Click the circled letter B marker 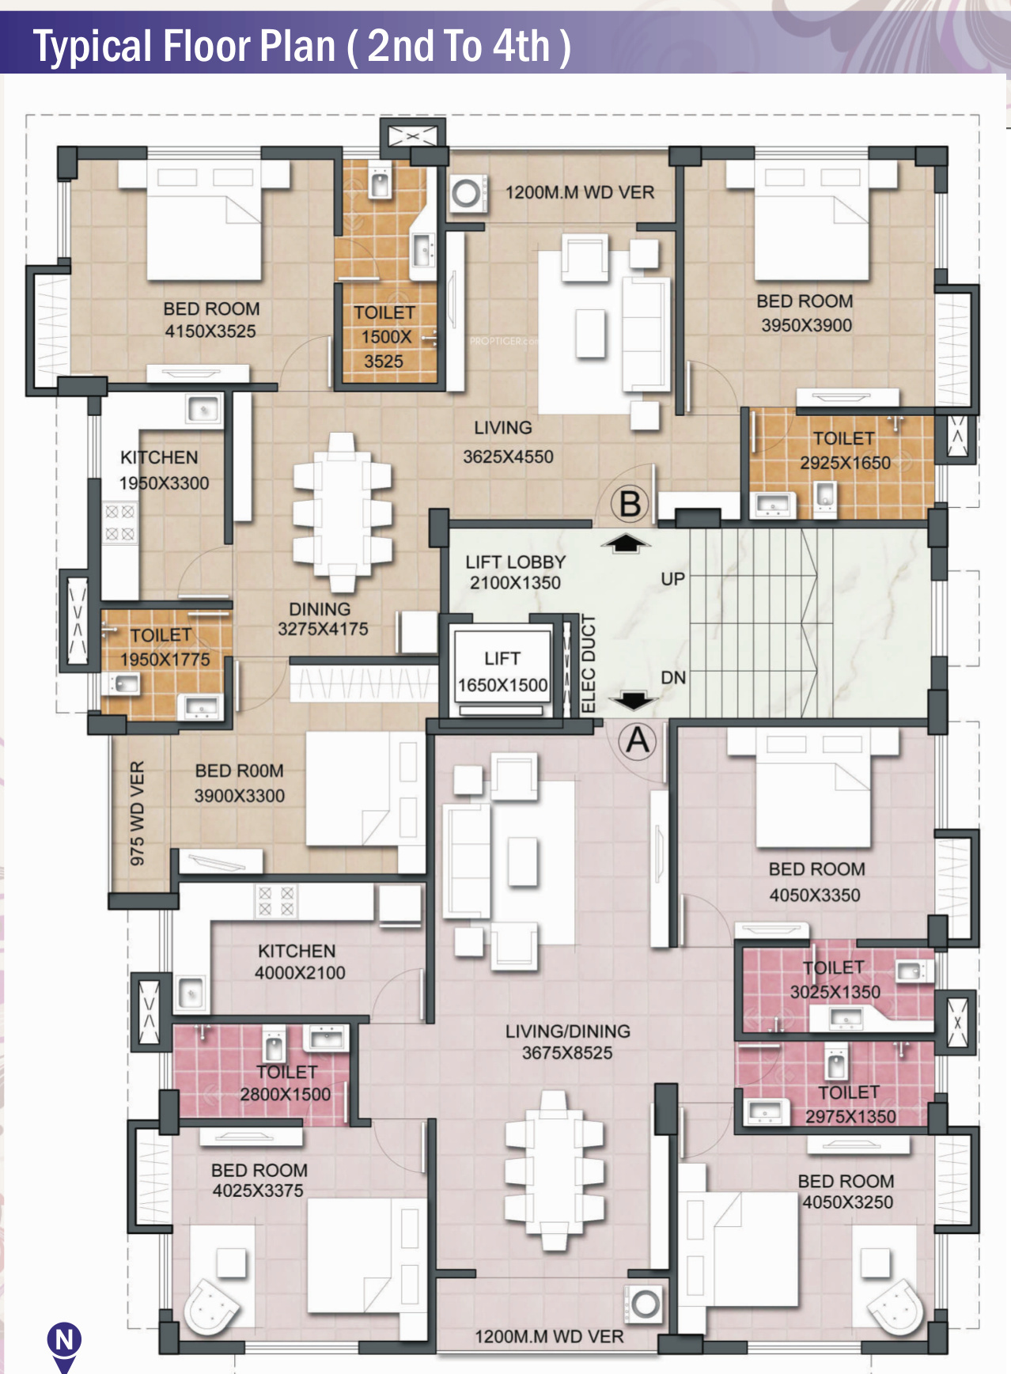[x=630, y=504]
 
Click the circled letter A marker [x=638, y=741]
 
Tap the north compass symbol [x=64, y=1345]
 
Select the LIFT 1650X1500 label [x=502, y=672]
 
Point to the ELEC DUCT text [x=588, y=664]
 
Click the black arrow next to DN [x=634, y=701]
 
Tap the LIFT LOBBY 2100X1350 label [x=515, y=572]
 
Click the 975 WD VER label [x=138, y=813]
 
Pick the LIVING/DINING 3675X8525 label [x=567, y=1042]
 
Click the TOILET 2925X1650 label [x=845, y=450]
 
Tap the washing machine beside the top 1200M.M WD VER [x=466, y=193]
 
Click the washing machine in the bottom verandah [x=646, y=1304]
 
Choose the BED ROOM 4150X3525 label [x=211, y=320]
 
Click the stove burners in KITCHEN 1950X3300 [x=120, y=523]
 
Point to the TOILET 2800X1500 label [x=286, y=1083]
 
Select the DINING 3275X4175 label [x=322, y=619]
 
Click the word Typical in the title [x=92, y=47]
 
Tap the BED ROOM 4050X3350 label [x=816, y=882]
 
